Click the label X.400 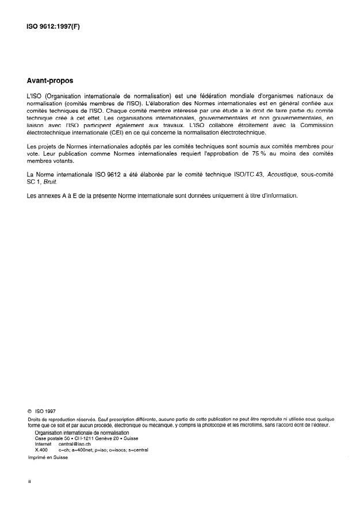(42, 450)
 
